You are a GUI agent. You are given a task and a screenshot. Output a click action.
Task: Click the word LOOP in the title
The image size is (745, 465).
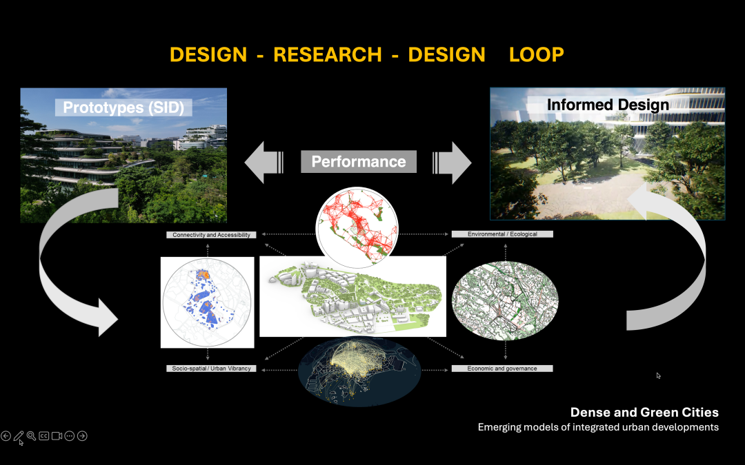point(537,54)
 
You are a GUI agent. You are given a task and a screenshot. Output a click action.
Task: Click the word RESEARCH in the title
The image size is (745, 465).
point(328,54)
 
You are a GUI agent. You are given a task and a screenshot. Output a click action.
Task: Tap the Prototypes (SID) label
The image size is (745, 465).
point(123,107)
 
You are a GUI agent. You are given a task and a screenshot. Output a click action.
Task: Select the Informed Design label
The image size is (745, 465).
point(608,105)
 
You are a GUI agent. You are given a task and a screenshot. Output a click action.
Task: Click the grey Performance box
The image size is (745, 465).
point(359,162)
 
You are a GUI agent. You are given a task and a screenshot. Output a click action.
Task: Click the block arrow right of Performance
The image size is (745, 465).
point(452,163)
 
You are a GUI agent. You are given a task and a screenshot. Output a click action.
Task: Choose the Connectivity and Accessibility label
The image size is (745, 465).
point(212,235)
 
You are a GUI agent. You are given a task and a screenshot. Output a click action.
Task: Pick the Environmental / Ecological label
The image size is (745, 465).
point(502,234)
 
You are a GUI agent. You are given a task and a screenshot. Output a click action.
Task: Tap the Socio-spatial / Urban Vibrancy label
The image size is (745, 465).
point(212,368)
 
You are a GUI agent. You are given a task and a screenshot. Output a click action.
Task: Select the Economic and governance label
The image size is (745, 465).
point(502,368)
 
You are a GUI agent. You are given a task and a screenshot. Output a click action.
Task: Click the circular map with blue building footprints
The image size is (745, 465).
point(207,302)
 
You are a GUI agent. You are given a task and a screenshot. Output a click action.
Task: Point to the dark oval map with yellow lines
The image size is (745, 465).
point(359,371)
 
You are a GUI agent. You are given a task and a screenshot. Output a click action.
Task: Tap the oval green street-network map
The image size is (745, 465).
point(505,300)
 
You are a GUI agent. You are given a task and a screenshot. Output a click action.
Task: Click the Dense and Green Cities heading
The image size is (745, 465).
point(644,412)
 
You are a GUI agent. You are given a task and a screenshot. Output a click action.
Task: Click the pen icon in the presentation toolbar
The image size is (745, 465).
point(19,436)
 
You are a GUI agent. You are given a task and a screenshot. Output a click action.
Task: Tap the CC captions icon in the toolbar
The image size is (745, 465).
point(43,435)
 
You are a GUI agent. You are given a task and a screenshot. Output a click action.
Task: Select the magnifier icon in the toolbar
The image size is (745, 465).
point(31,436)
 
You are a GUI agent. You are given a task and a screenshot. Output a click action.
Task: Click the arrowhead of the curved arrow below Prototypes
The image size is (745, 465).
point(107,318)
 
